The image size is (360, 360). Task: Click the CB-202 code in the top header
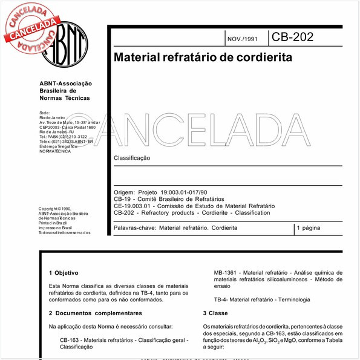[x=292, y=37]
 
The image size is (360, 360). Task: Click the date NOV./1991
[x=241, y=39]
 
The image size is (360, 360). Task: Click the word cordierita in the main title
[x=261, y=59]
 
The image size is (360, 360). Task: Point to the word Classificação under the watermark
[x=132, y=158]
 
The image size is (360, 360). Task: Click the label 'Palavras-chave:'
[x=134, y=228]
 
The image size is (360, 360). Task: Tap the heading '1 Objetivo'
[x=63, y=273]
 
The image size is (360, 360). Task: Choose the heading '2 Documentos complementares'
[x=95, y=313]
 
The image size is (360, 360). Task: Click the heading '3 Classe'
[x=215, y=313]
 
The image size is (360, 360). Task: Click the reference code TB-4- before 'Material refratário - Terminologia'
[x=223, y=299]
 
